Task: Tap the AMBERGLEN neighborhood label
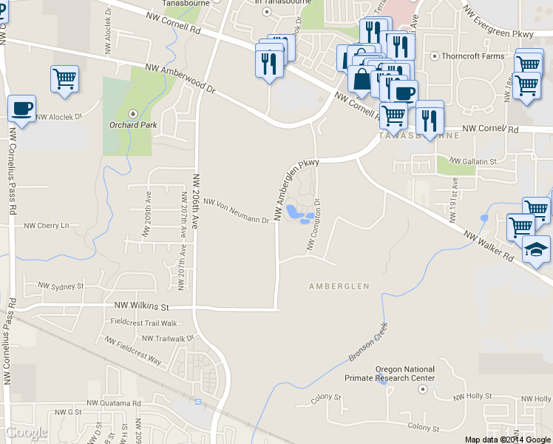tap(339, 286)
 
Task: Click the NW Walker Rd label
tap(488, 247)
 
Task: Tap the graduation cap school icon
tap(537, 250)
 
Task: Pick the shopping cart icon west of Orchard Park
tap(65, 78)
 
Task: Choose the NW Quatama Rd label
tap(113, 403)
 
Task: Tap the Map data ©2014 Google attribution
tap(508, 439)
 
